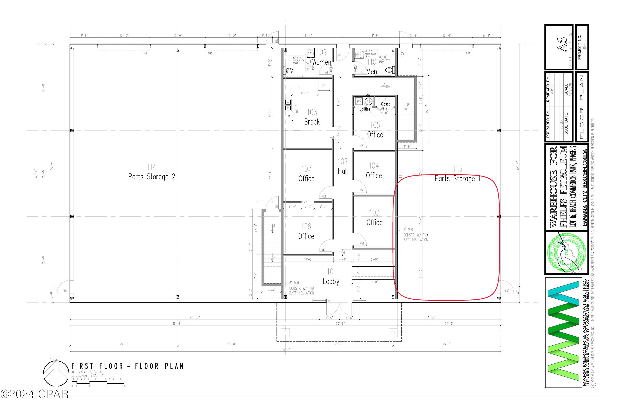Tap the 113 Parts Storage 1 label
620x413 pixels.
point(457,174)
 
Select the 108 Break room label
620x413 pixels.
point(312,117)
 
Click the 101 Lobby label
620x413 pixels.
point(331,277)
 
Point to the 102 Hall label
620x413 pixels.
point(343,166)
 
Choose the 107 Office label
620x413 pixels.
point(306,174)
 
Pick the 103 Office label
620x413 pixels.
point(374,218)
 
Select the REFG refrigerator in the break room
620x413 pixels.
point(324,85)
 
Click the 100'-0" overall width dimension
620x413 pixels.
point(285,350)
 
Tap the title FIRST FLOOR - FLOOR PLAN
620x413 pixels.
point(127,366)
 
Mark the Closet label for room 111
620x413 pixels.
point(385,104)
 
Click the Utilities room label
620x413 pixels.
point(365,109)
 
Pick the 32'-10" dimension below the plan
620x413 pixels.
point(430,318)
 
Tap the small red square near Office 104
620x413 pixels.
point(401,177)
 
